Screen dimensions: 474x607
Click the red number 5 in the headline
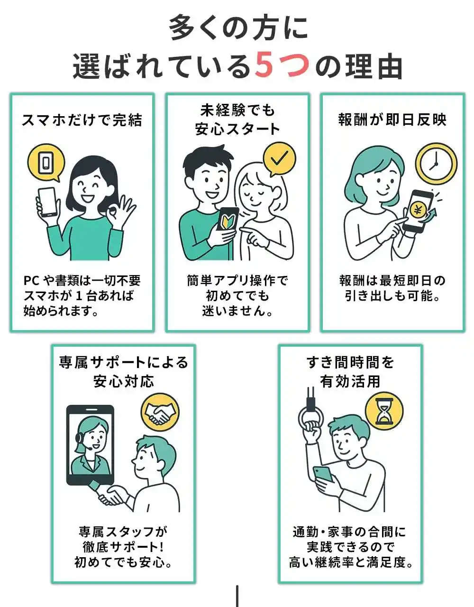(268, 65)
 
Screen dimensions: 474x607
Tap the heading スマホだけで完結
(82, 120)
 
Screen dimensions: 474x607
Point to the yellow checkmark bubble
(280, 159)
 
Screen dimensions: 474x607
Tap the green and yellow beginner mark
(227, 222)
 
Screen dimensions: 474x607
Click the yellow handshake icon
(160, 412)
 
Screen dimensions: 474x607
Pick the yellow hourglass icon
(384, 411)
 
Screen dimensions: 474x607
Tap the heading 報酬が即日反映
(392, 120)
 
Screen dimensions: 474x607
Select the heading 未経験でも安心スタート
(237, 120)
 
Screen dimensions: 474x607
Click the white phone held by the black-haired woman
(48, 202)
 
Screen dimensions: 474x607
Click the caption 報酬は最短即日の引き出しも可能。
(392, 288)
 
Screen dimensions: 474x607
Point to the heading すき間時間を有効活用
(350, 372)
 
